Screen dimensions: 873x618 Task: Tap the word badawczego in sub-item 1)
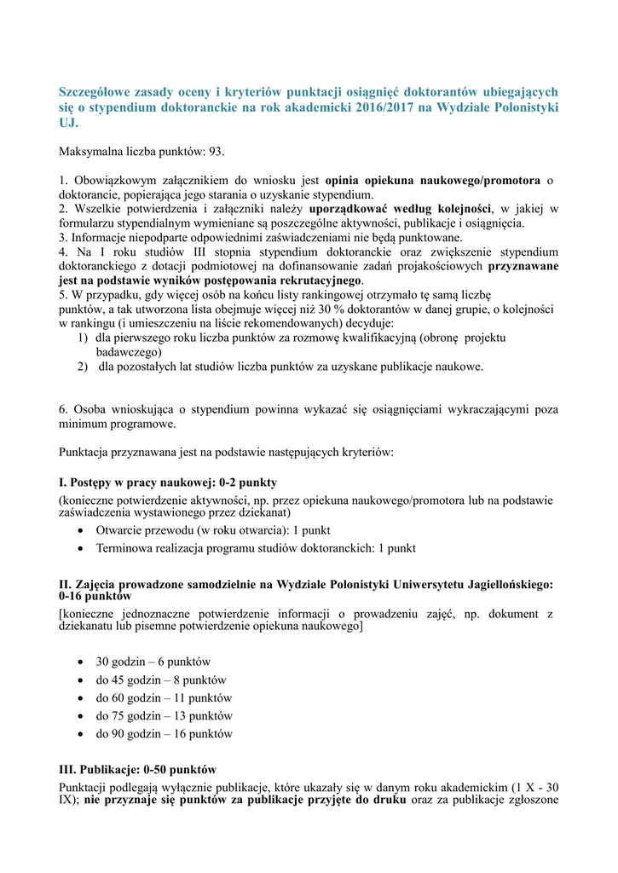click(129, 352)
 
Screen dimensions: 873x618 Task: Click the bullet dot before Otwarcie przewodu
click(79, 530)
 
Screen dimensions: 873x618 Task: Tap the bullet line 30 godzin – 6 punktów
click(153, 662)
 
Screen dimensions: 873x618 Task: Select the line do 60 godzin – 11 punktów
click(163, 697)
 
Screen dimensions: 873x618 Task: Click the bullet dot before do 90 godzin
click(79, 734)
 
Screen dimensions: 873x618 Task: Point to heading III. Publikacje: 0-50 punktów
click(138, 768)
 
